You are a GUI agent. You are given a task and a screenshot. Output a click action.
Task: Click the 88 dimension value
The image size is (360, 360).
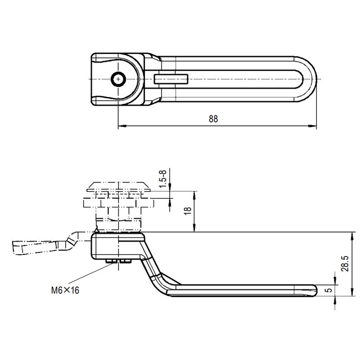(x=213, y=119)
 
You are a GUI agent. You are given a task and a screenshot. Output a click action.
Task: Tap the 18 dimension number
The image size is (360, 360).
(x=189, y=210)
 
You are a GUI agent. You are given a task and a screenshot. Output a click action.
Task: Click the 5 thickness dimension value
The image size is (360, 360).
(x=329, y=290)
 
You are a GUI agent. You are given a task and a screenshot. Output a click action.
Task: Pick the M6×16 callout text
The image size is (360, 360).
(x=65, y=290)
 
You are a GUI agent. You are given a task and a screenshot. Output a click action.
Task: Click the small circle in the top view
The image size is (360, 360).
(x=118, y=79)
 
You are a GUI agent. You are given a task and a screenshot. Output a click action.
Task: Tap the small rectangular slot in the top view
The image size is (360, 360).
(x=171, y=79)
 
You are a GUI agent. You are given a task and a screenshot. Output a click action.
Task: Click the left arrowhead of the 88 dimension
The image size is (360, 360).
(x=121, y=127)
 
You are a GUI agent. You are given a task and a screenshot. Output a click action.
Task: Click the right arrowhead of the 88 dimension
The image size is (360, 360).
(x=314, y=127)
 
